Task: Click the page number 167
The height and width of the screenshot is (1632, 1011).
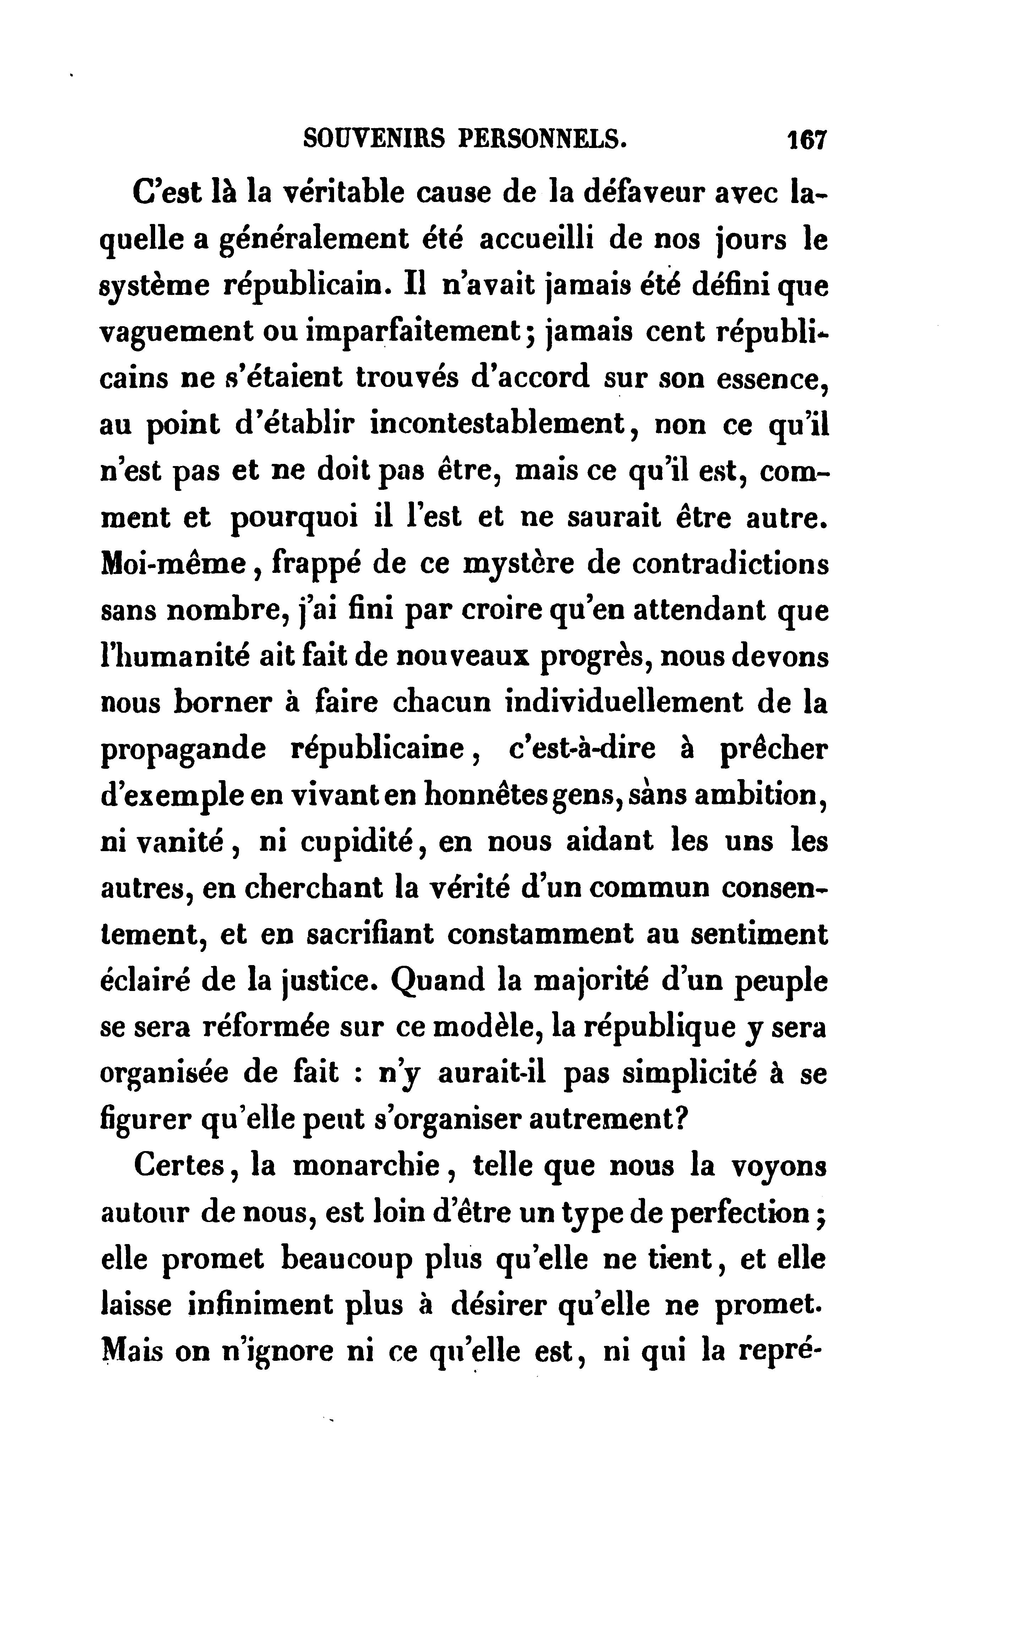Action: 808,141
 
